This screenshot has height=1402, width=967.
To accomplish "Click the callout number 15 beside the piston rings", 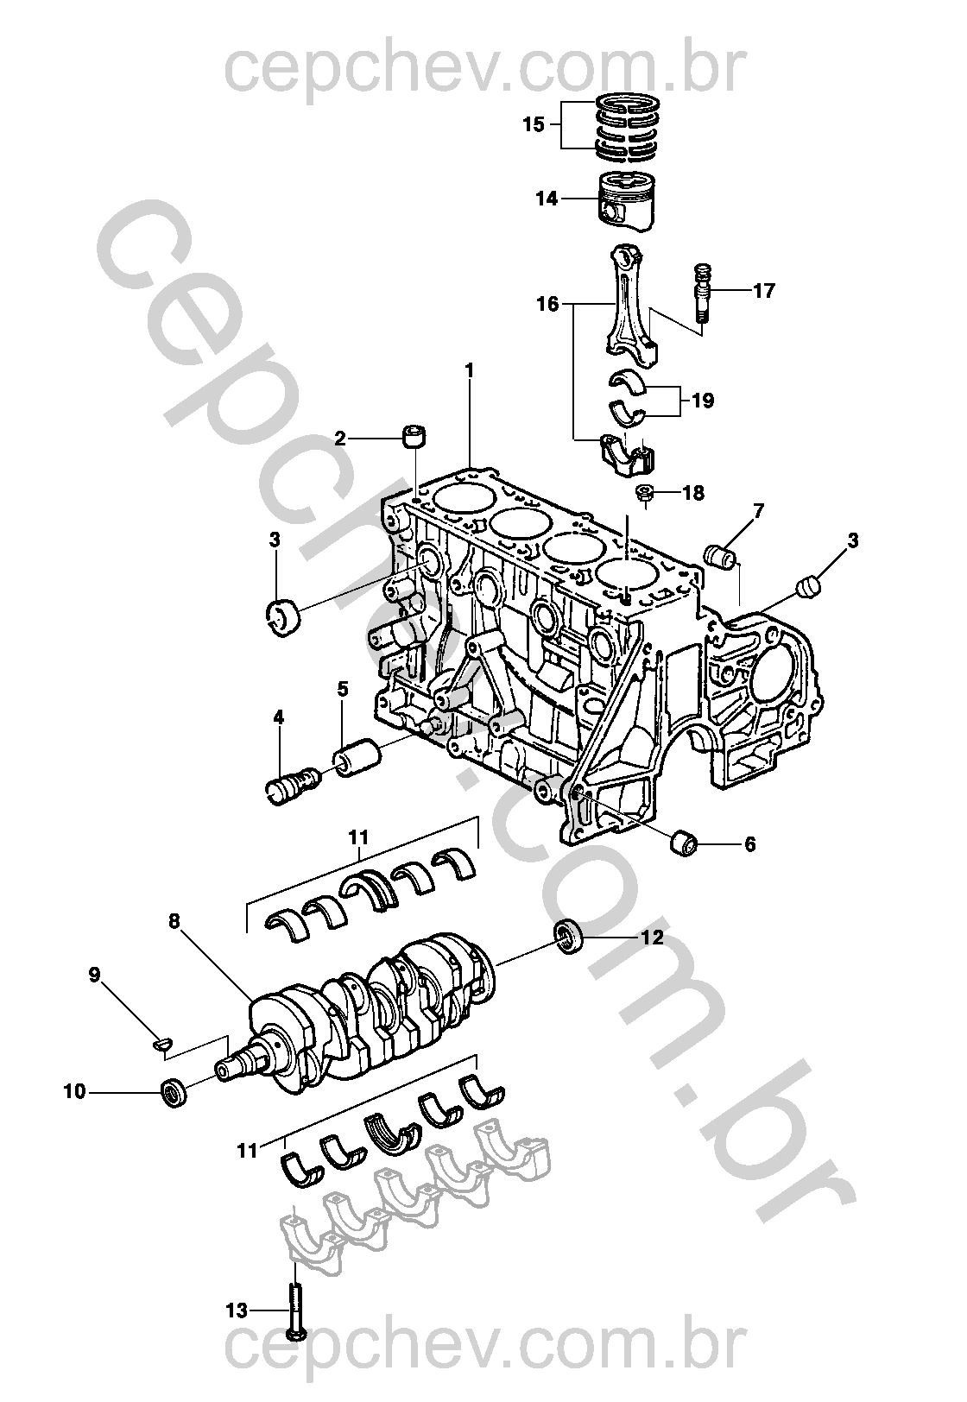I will (534, 124).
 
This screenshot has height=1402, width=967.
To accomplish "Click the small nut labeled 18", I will (644, 494).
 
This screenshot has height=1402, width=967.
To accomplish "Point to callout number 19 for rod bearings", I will (703, 401).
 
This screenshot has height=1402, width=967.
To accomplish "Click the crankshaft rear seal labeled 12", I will (567, 938).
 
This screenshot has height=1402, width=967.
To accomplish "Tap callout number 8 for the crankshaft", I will (174, 921).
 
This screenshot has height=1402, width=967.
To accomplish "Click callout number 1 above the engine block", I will (470, 370).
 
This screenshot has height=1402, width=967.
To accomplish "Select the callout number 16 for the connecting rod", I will (547, 304).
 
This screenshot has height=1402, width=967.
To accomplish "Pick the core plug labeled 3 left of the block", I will (282, 616).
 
